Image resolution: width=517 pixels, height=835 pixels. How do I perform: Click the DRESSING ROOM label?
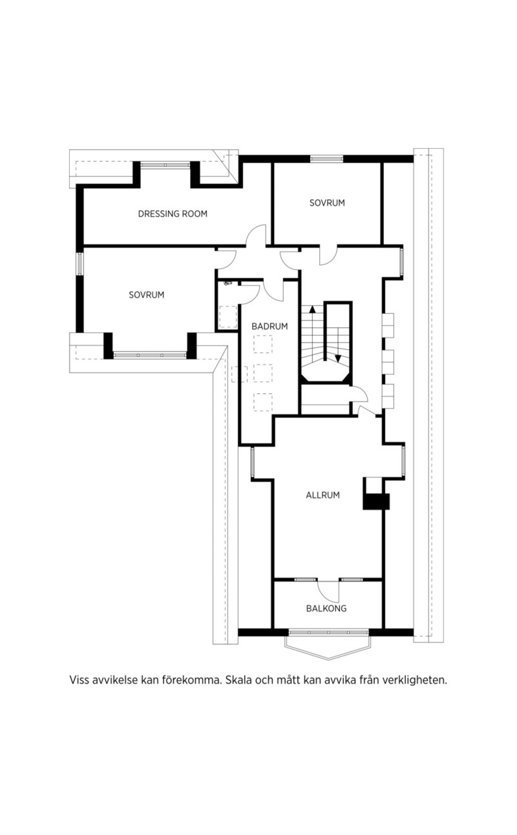pyautogui.click(x=172, y=214)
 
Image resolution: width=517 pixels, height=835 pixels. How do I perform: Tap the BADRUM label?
pyautogui.click(x=270, y=327)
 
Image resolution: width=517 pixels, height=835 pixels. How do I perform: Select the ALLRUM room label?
pyautogui.click(x=323, y=495)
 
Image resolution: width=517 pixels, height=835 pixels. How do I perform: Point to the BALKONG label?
pyautogui.click(x=326, y=609)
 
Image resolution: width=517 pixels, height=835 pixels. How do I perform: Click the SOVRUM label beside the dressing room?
pyautogui.click(x=327, y=203)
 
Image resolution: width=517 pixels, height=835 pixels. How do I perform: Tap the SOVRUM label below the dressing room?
pyautogui.click(x=146, y=295)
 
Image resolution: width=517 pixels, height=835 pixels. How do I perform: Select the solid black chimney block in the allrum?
pyautogui.click(x=376, y=502)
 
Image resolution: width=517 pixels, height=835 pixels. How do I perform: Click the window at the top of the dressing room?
pyautogui.click(x=165, y=165)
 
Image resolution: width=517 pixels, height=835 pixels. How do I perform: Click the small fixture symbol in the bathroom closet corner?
pyautogui.click(x=228, y=283)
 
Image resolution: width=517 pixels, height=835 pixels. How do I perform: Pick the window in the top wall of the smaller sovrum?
pyautogui.click(x=327, y=159)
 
